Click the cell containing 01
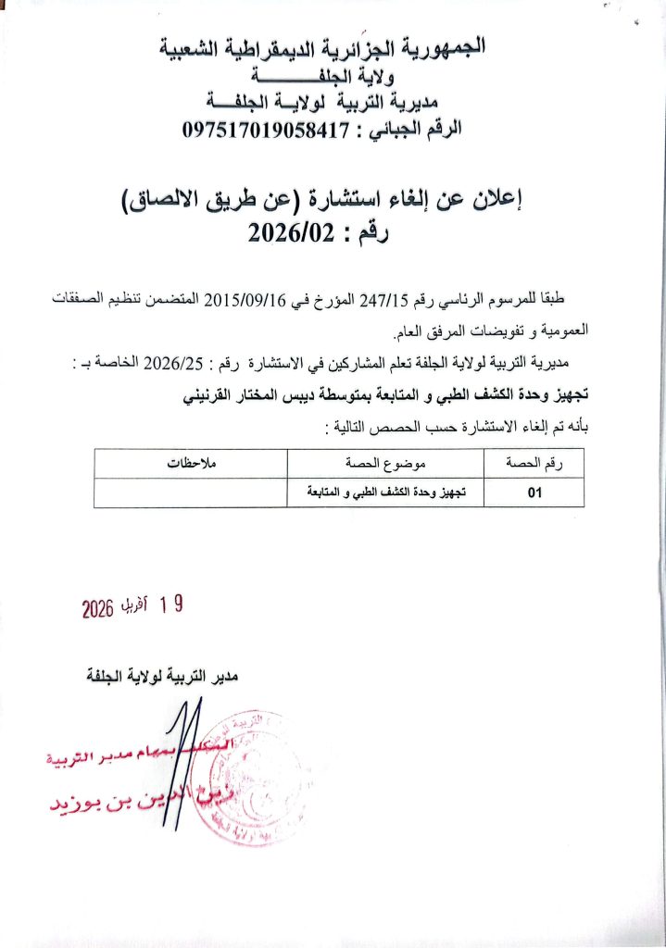click(x=534, y=493)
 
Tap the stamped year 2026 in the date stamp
click(x=97, y=607)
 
